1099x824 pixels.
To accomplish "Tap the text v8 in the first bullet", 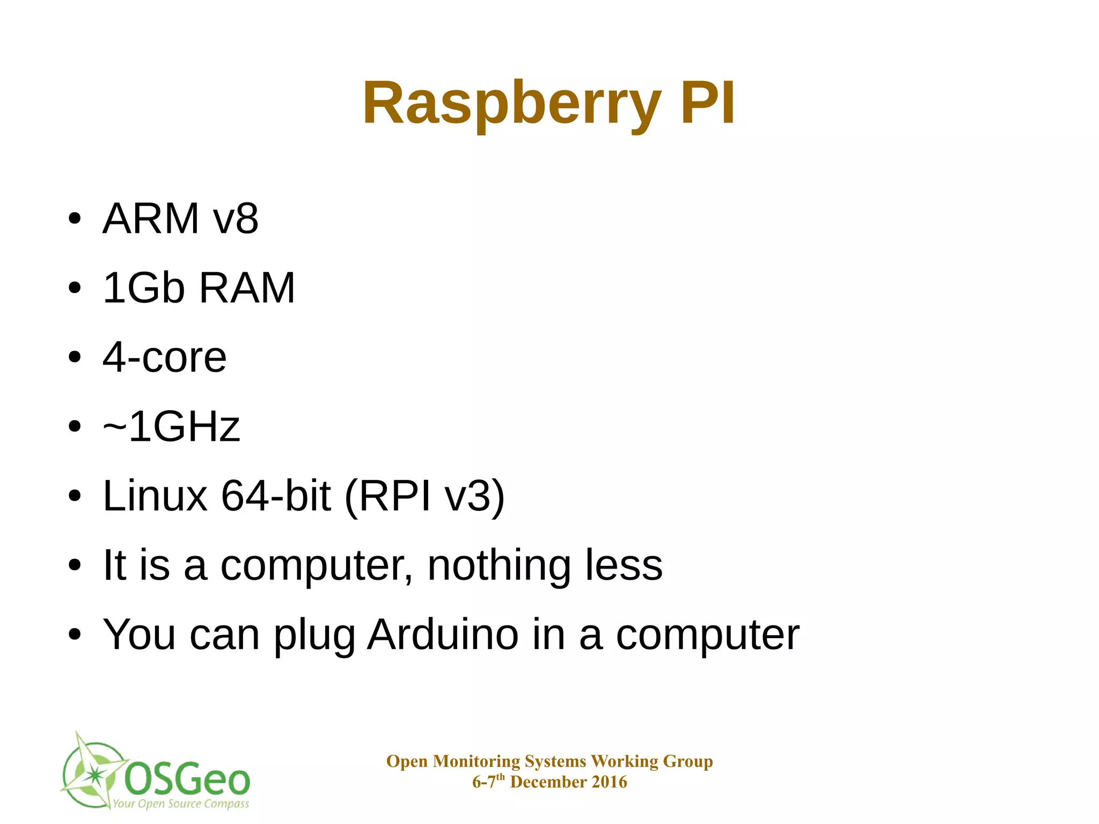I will point(236,218).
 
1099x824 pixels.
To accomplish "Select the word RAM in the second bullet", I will point(247,288).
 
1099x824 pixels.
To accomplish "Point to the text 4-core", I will point(165,357).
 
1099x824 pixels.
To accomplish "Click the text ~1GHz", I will point(171,426).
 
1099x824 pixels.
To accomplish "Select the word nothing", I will point(499,566).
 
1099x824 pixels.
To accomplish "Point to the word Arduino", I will point(443,635).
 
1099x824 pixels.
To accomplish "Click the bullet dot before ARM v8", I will point(75,219).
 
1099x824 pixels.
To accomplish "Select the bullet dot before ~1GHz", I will point(75,427).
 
